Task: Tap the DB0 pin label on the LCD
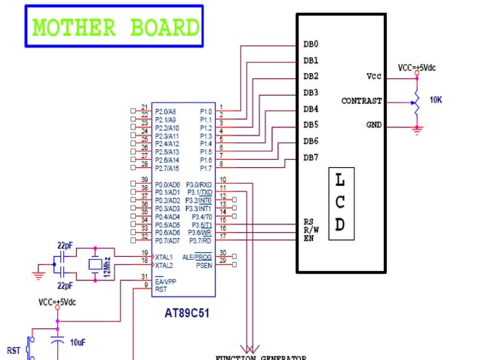(311, 44)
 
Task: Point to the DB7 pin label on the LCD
(311, 157)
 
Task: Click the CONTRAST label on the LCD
(361, 101)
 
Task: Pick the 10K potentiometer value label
(436, 100)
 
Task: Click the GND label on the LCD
(373, 124)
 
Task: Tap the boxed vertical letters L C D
(341, 203)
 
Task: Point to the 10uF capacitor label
(78, 342)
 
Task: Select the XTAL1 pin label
(164, 257)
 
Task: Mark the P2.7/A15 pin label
(167, 168)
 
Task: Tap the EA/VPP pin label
(165, 280)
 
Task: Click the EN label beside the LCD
(308, 239)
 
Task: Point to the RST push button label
(14, 350)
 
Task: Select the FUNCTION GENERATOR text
(260, 357)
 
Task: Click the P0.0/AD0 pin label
(167, 185)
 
